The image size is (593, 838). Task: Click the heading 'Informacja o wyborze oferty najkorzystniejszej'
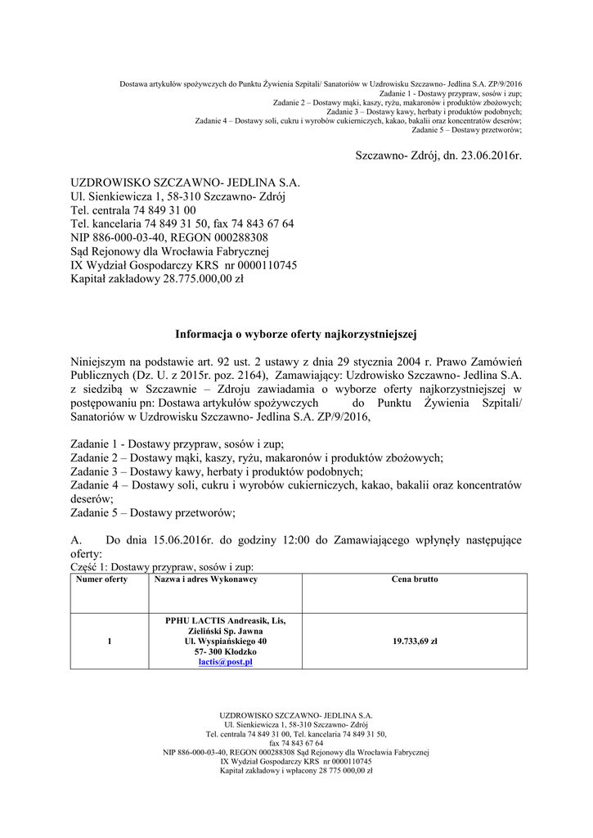point(296,334)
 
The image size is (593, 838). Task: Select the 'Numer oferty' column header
point(101,579)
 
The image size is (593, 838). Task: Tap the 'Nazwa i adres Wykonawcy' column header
point(206,579)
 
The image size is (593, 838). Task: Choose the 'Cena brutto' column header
point(415,579)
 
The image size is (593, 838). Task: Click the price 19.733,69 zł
point(415,642)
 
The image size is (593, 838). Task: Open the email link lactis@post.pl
point(226,662)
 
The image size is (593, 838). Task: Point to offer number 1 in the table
point(109,642)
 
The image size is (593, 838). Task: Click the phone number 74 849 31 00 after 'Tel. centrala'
point(164,209)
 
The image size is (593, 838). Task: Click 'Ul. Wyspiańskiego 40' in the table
point(226,642)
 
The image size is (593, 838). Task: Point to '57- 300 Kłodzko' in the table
point(226,652)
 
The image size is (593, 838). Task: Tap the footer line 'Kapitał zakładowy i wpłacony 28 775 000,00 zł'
point(296,770)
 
